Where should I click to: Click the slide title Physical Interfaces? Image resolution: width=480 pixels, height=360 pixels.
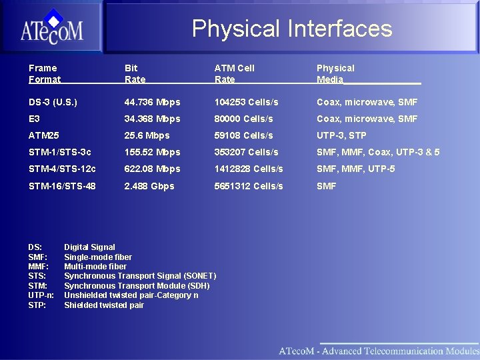(x=291, y=29)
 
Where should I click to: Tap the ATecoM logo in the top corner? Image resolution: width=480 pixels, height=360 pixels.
(x=51, y=28)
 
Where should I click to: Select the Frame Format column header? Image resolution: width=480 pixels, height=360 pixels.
(x=44, y=73)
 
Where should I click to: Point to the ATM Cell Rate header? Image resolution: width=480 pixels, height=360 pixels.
(x=234, y=73)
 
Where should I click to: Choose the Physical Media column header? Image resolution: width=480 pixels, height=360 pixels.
(x=335, y=73)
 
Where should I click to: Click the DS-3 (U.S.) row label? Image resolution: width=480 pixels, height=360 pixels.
(x=53, y=102)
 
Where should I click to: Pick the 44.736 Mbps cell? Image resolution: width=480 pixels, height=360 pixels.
(x=152, y=102)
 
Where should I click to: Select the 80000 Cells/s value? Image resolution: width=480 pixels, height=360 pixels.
(x=243, y=119)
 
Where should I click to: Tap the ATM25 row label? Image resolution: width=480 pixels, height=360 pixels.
(x=44, y=135)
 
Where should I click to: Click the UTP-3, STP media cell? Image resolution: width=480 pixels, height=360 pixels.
(x=341, y=135)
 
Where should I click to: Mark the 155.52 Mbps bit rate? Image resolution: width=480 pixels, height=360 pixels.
(x=152, y=152)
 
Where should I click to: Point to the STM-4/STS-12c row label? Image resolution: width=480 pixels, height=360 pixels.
(x=62, y=169)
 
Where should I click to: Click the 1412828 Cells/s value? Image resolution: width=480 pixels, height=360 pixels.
(x=248, y=169)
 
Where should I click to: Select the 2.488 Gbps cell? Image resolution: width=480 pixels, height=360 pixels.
(x=149, y=186)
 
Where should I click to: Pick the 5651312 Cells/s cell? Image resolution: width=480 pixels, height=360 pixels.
(x=248, y=186)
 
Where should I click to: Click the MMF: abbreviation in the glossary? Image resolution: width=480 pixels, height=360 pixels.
(x=38, y=267)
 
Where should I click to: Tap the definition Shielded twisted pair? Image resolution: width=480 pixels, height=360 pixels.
(x=104, y=305)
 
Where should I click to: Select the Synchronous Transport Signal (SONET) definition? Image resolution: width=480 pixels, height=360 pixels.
(x=140, y=276)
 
